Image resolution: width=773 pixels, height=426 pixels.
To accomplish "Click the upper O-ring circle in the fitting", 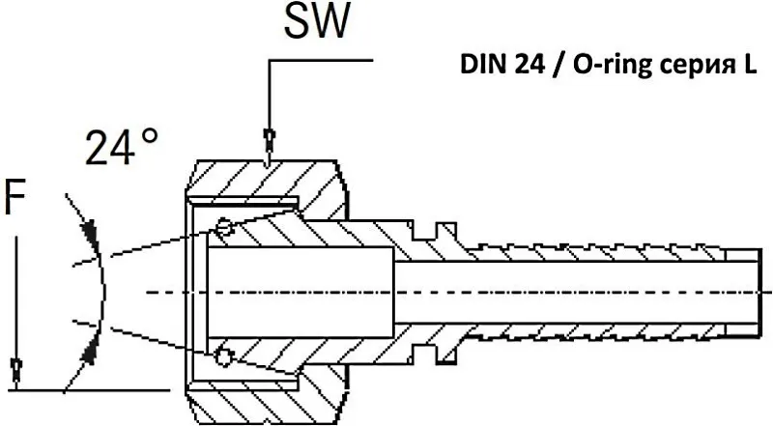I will [224, 228].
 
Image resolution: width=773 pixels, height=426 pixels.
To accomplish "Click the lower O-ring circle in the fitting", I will [224, 356].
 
